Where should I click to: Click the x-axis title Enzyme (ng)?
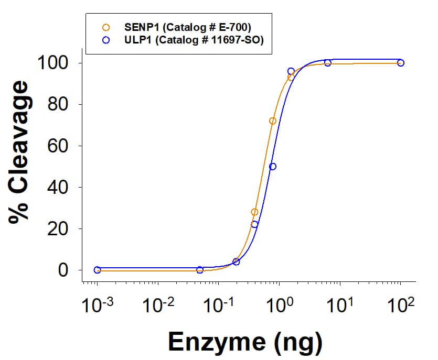(244, 342)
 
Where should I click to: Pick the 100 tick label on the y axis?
(54, 63)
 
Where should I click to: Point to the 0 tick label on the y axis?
(63, 270)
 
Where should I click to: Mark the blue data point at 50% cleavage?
(273, 167)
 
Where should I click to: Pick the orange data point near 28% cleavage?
(254, 212)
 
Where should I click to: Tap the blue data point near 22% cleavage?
(254, 224)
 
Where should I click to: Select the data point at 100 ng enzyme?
(401, 63)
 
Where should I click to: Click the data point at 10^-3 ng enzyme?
(97, 270)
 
